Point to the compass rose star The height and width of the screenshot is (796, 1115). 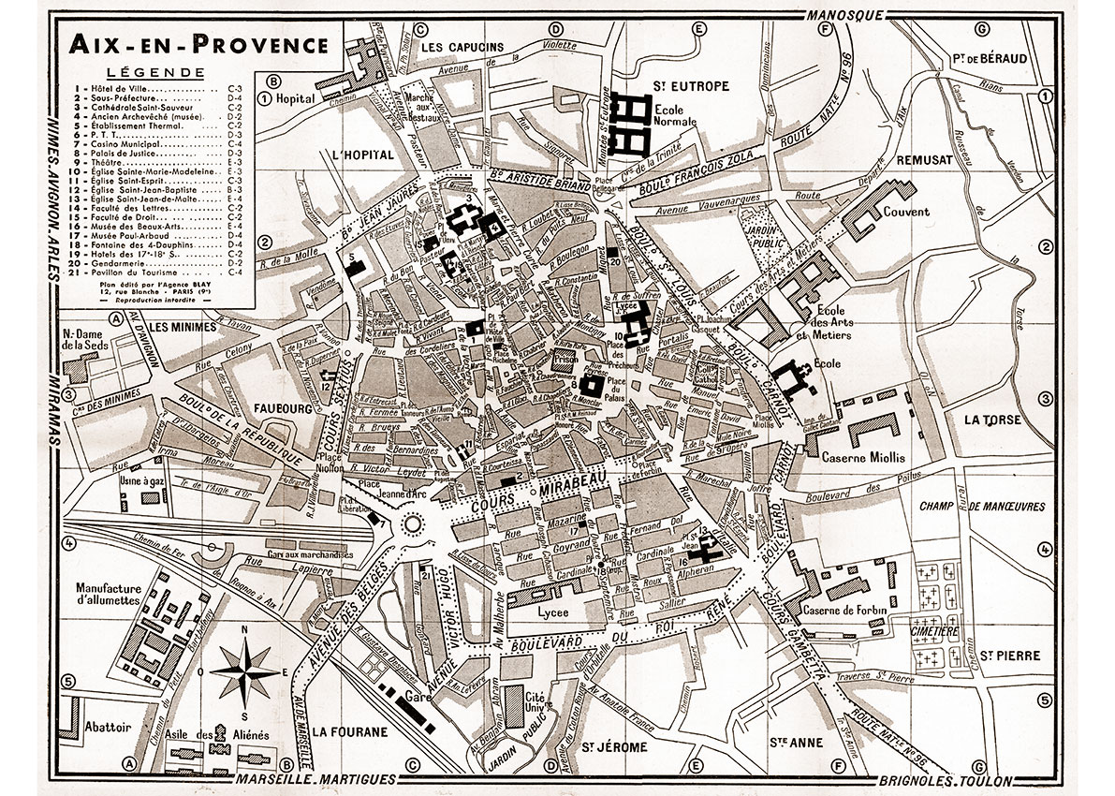pos(245,671)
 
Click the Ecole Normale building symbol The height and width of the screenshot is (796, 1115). pos(634,125)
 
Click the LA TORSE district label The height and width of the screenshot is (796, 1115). pos(990,420)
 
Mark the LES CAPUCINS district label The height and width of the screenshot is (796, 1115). pos(462,47)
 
